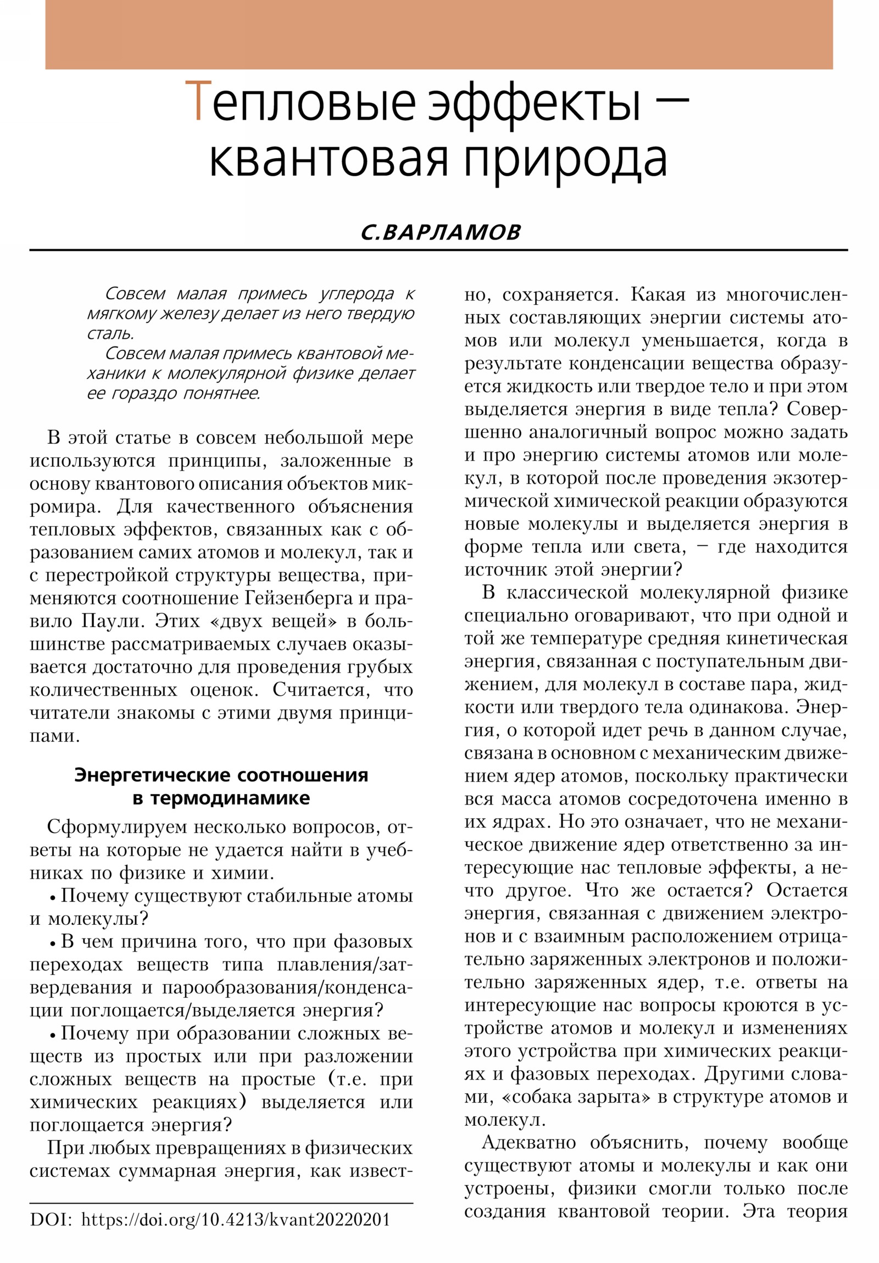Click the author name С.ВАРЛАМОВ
pos(441,232)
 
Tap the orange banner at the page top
pos(438,34)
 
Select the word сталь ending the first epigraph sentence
pos(110,333)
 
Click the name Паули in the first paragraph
pos(113,621)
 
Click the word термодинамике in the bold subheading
pos(230,798)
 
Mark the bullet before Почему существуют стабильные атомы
pos(53,897)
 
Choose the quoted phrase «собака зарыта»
pos(576,1096)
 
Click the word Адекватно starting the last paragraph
pos(529,1143)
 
